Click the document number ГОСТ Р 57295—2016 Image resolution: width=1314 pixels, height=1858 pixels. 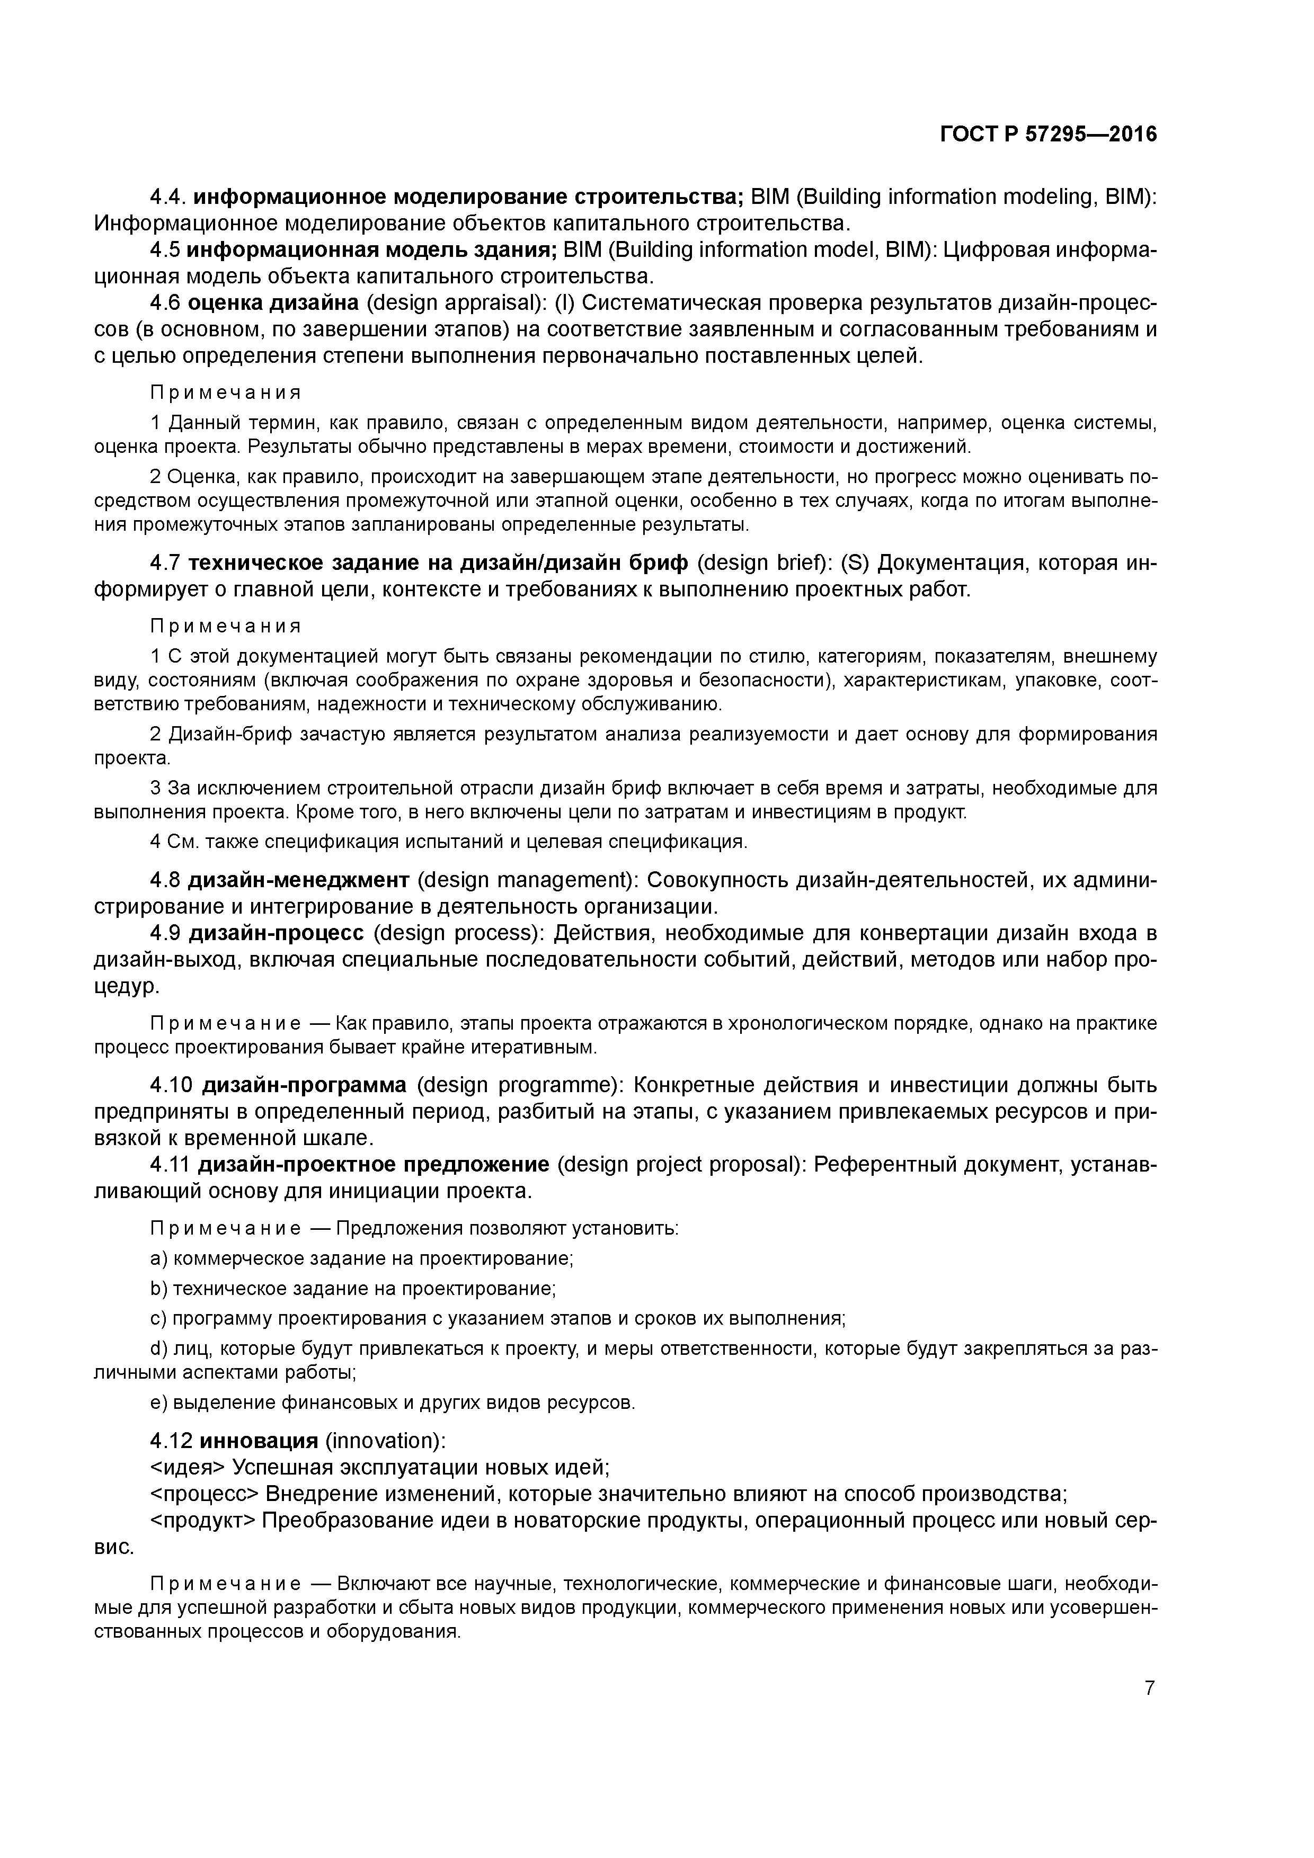pyautogui.click(x=1049, y=135)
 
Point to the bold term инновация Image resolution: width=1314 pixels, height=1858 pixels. pyautogui.click(x=258, y=1441)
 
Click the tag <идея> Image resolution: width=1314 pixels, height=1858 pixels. pyautogui.click(x=188, y=1467)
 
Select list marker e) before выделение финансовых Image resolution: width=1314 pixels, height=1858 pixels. pyautogui.click(x=158, y=1403)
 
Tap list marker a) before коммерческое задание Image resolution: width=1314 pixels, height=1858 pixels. pyautogui.click(x=158, y=1258)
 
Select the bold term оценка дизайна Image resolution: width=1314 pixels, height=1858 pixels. pyautogui.click(x=273, y=303)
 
